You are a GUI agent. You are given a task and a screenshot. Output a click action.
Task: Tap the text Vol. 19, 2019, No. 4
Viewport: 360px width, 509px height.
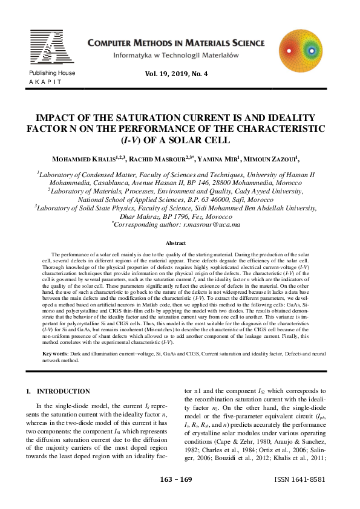(176, 74)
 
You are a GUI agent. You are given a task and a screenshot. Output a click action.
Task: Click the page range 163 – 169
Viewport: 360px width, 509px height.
(175, 496)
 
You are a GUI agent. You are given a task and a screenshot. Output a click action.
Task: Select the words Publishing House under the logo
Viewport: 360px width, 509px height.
(52, 73)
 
